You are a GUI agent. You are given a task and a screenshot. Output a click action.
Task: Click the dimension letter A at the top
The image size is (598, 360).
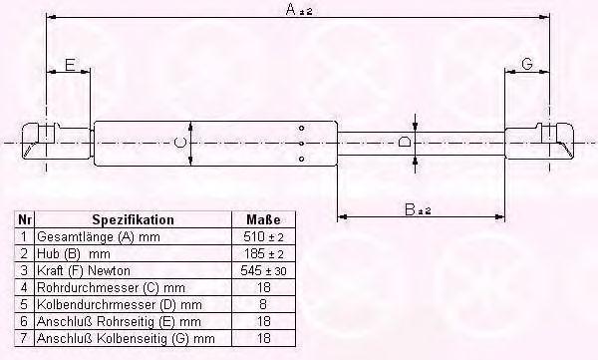tap(291, 9)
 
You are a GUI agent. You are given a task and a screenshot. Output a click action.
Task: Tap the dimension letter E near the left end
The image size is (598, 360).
tap(70, 65)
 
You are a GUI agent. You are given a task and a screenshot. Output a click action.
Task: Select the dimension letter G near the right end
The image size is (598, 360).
tap(526, 64)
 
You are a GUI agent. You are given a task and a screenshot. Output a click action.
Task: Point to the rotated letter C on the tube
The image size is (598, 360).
tap(180, 144)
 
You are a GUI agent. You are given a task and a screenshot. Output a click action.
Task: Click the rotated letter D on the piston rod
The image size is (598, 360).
tap(405, 143)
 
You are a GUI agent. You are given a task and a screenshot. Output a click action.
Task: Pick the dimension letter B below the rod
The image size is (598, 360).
tap(410, 209)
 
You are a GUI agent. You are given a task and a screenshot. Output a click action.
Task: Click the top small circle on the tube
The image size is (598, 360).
tap(302, 129)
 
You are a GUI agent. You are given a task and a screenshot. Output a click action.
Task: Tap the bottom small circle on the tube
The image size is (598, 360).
tap(302, 159)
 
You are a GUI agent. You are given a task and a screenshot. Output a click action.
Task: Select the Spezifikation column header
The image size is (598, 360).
tap(134, 220)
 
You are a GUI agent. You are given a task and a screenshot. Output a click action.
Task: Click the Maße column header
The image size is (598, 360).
tap(263, 220)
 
